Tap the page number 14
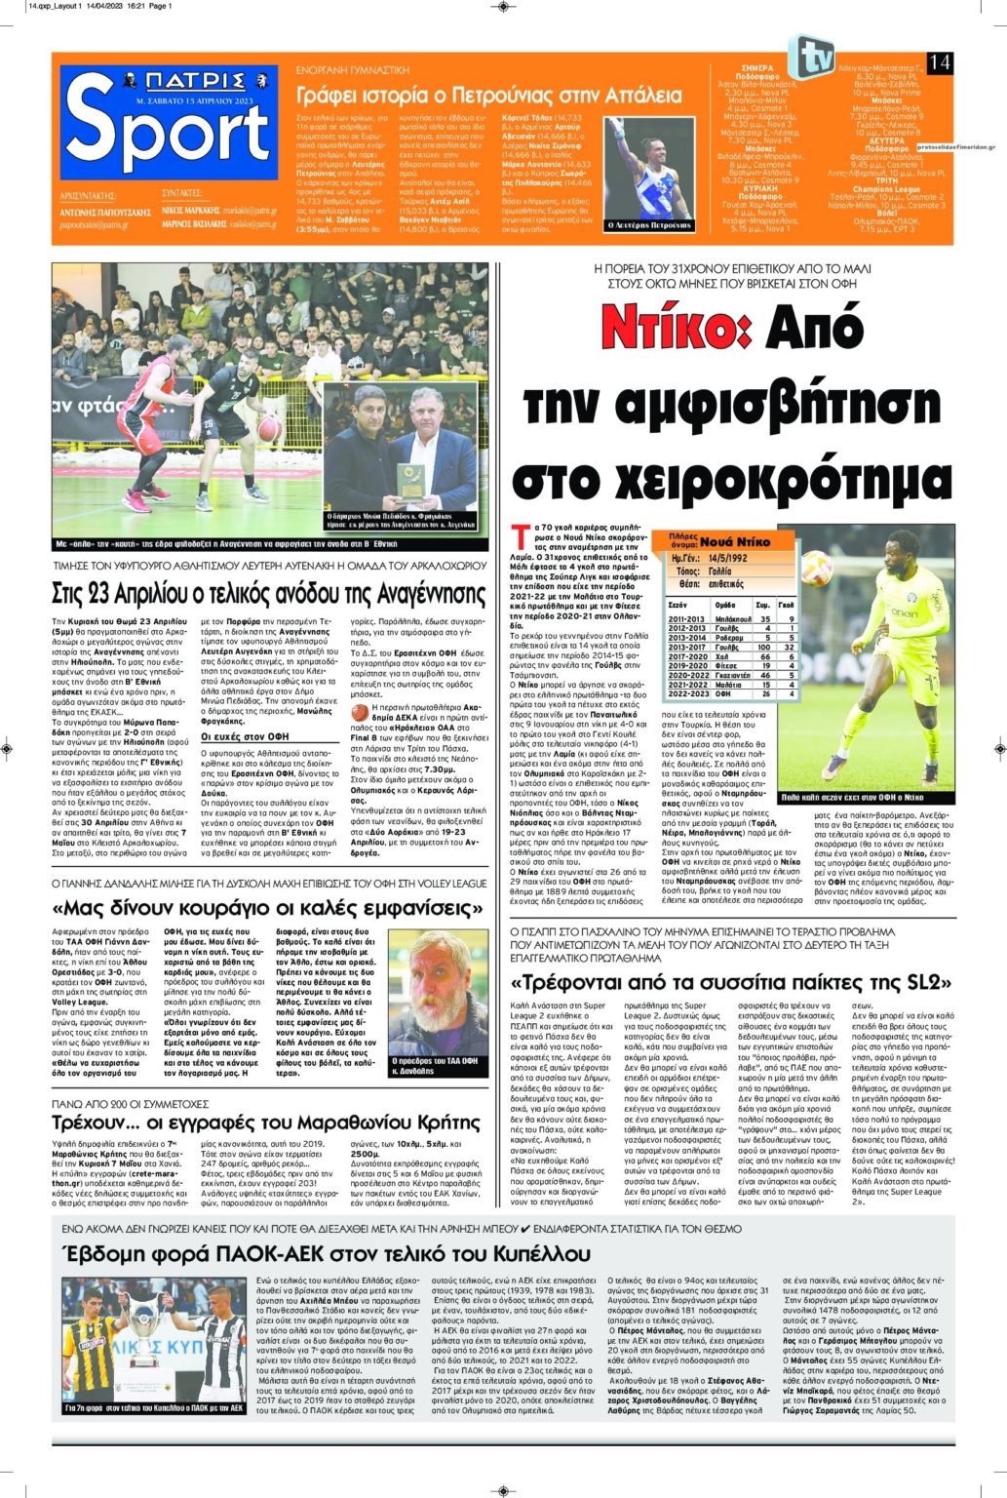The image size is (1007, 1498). tap(940, 62)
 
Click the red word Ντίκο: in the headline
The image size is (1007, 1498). tap(676, 326)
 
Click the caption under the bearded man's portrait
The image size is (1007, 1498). tap(435, 1063)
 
